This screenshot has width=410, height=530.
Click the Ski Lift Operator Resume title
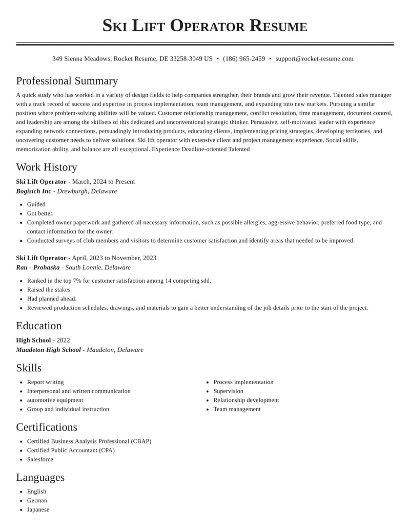(204, 26)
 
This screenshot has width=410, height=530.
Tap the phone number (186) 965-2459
(244, 59)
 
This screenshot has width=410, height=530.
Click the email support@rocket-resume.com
(314, 59)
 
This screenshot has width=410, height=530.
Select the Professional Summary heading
(67, 81)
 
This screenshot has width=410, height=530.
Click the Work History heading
(47, 167)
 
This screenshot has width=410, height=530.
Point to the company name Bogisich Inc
(34, 192)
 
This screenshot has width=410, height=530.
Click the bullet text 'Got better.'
(40, 214)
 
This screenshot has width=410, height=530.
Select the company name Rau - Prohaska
(38, 268)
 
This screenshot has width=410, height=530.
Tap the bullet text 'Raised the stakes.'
(49, 290)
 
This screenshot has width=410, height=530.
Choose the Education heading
(38, 326)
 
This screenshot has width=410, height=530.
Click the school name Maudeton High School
(48, 350)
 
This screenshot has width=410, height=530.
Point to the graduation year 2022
(63, 341)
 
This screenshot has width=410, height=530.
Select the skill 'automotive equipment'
(55, 400)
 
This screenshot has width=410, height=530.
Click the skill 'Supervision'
(228, 391)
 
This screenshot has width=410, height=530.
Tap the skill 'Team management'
(237, 410)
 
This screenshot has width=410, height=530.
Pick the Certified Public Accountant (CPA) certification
(71, 451)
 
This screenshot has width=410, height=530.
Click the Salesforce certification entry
(40, 460)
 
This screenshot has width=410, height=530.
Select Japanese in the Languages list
(38, 510)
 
